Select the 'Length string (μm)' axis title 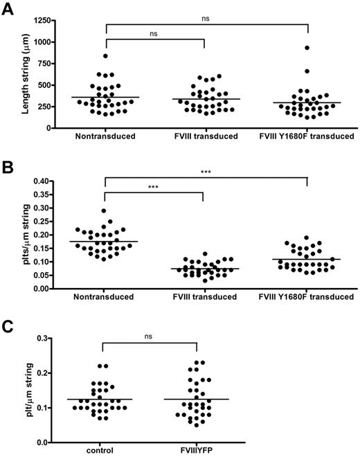click(14, 73)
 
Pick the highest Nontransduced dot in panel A click(106, 56)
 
